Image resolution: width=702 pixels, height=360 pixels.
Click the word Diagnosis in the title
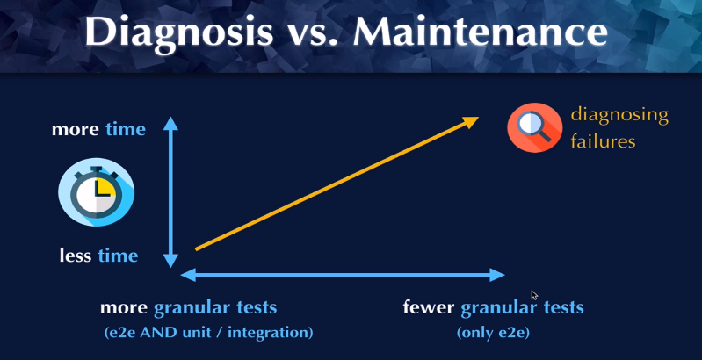point(178,32)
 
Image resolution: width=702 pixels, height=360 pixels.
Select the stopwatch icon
point(97,191)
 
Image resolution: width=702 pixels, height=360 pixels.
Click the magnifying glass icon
point(534,127)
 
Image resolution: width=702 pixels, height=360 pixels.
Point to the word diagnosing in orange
point(619,117)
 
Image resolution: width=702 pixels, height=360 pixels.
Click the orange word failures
point(603,141)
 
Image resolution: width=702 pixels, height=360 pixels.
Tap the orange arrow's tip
point(478,118)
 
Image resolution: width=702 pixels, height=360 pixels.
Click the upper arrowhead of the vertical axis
point(170,123)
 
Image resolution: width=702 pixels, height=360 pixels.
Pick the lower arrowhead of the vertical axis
point(170,261)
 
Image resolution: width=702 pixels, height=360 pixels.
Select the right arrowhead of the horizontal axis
point(498,275)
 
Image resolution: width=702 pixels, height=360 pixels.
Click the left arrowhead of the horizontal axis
point(188,275)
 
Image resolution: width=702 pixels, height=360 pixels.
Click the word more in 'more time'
point(76,130)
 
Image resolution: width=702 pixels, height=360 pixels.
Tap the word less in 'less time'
point(76,256)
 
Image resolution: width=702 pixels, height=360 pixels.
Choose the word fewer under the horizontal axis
point(429,307)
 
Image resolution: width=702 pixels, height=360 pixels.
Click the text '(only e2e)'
point(493,333)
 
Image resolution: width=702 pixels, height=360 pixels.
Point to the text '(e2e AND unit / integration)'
point(208,333)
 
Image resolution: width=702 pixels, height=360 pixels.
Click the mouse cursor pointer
point(534,296)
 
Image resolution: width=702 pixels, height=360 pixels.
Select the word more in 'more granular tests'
point(124,308)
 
